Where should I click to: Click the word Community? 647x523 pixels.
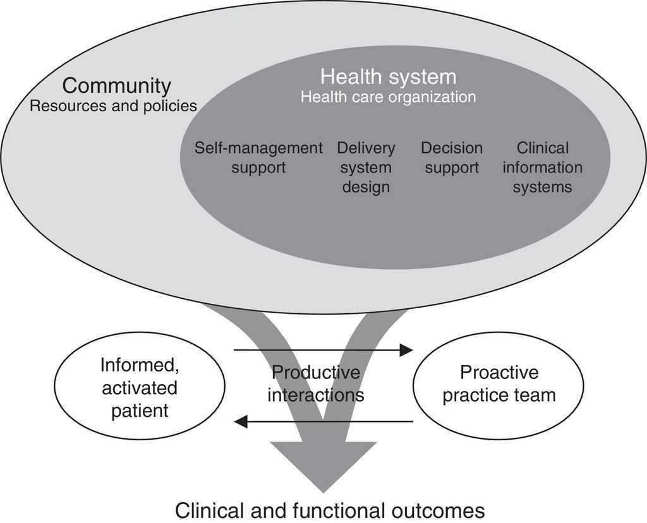116,86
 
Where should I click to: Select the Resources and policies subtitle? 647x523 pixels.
113,105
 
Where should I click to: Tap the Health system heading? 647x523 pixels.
387,77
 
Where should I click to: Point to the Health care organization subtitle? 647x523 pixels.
387,97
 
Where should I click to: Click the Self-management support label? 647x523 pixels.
258,158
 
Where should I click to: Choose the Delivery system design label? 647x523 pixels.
366,167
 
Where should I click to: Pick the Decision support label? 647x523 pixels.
451,158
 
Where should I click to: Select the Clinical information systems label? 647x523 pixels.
542,167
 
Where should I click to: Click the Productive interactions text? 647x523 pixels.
316,383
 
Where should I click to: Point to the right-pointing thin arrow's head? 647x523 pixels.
408,349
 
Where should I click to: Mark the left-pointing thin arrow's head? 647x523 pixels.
240,421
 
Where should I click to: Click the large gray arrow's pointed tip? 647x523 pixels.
324,490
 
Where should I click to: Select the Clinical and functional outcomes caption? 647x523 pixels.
329,510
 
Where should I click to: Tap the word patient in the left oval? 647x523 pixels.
140,411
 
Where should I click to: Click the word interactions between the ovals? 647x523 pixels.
316,395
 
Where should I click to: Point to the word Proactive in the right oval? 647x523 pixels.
499,373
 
